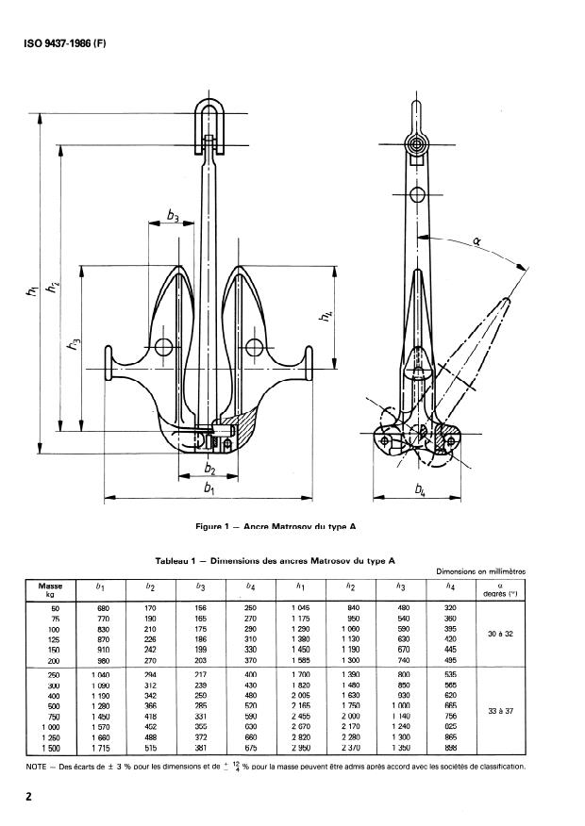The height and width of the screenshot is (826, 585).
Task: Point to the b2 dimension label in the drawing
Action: [x=209, y=469]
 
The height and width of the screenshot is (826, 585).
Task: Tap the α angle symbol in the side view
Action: [x=476, y=241]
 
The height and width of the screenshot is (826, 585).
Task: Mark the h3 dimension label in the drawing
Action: [x=74, y=346]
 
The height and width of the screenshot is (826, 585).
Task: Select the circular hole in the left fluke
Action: [x=164, y=347]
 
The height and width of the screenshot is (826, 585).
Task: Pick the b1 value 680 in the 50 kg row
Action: [x=103, y=608]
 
